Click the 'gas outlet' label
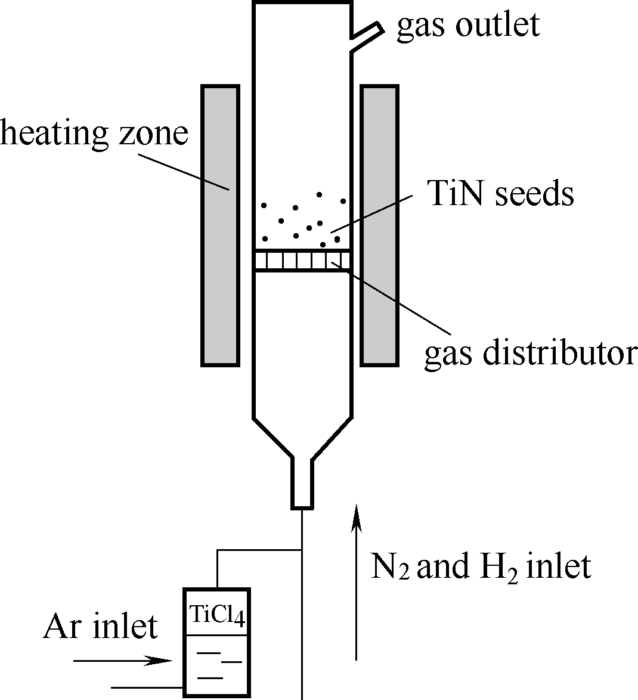click(468, 26)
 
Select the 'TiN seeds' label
click(501, 193)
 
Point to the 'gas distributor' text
click(531, 353)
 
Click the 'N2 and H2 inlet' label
click(481, 566)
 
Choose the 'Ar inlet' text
click(100, 627)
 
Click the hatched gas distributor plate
click(302, 261)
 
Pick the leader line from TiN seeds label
click(373, 213)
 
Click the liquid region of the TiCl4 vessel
click(217, 665)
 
